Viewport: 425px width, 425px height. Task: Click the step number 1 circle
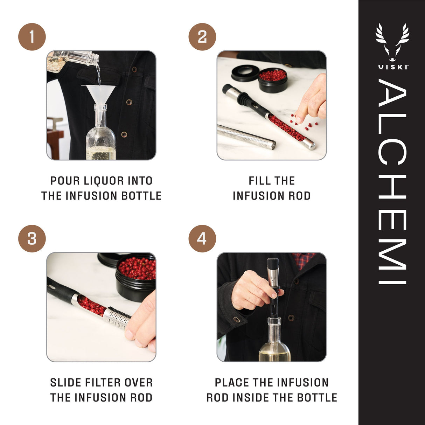(x=32, y=37)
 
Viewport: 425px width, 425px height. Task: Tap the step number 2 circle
(x=202, y=37)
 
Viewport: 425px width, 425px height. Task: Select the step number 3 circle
(x=32, y=239)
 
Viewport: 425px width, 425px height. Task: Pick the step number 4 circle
(x=202, y=239)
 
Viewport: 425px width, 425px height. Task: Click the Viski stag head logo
(x=392, y=42)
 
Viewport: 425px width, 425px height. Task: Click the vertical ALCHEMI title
(x=392, y=182)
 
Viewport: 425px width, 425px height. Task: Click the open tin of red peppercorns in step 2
(x=273, y=80)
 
